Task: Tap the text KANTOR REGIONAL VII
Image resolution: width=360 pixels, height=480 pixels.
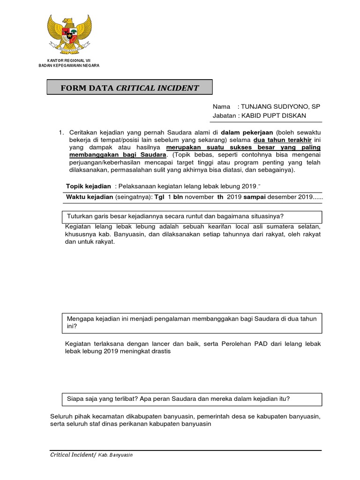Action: coord(68,60)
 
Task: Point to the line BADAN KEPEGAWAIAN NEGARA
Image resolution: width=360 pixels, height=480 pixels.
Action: coord(68,66)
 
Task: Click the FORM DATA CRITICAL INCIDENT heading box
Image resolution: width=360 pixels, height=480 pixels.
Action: coord(129,88)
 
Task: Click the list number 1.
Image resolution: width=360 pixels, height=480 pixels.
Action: coord(60,133)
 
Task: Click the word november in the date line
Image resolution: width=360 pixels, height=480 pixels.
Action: coord(199,197)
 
